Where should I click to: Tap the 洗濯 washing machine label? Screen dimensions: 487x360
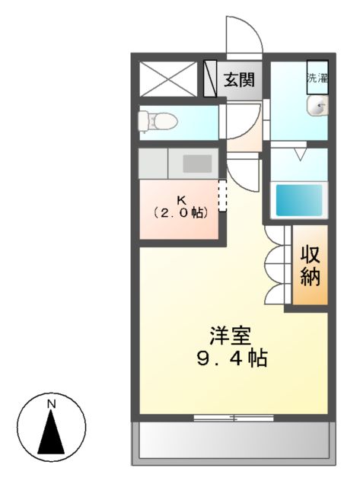[317, 77]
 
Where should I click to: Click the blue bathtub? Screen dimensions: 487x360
[299, 199]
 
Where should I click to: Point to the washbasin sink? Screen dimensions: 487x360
[317, 107]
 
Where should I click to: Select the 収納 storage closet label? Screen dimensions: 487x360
[309, 265]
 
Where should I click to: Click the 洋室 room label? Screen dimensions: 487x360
[231, 336]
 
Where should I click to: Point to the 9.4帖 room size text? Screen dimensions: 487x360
[231, 358]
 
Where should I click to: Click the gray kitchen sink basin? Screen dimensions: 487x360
[198, 164]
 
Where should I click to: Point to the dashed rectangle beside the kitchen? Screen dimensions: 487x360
[222, 196]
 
